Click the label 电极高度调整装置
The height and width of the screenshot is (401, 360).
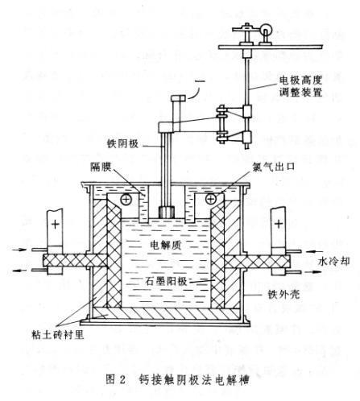(300, 86)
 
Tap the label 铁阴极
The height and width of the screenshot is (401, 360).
(122, 143)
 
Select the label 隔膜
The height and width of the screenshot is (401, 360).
(101, 167)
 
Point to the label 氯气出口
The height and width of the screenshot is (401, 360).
(274, 167)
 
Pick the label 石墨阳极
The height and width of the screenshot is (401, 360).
(166, 281)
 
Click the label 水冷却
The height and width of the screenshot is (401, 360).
(333, 261)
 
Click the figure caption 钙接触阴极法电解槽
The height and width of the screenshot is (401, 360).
(194, 379)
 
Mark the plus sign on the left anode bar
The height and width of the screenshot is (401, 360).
(56, 224)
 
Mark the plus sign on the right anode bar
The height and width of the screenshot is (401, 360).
(279, 223)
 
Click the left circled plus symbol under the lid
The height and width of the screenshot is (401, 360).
(126, 199)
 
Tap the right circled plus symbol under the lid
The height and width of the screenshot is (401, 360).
(211, 199)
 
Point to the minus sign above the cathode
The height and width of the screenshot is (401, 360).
(201, 81)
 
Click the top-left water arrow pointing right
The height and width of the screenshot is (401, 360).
(20, 250)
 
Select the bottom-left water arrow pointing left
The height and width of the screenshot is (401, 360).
(20, 271)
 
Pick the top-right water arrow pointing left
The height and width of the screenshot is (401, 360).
(314, 251)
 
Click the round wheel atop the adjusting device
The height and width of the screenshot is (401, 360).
(267, 27)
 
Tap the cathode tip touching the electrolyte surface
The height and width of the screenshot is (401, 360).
(167, 212)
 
